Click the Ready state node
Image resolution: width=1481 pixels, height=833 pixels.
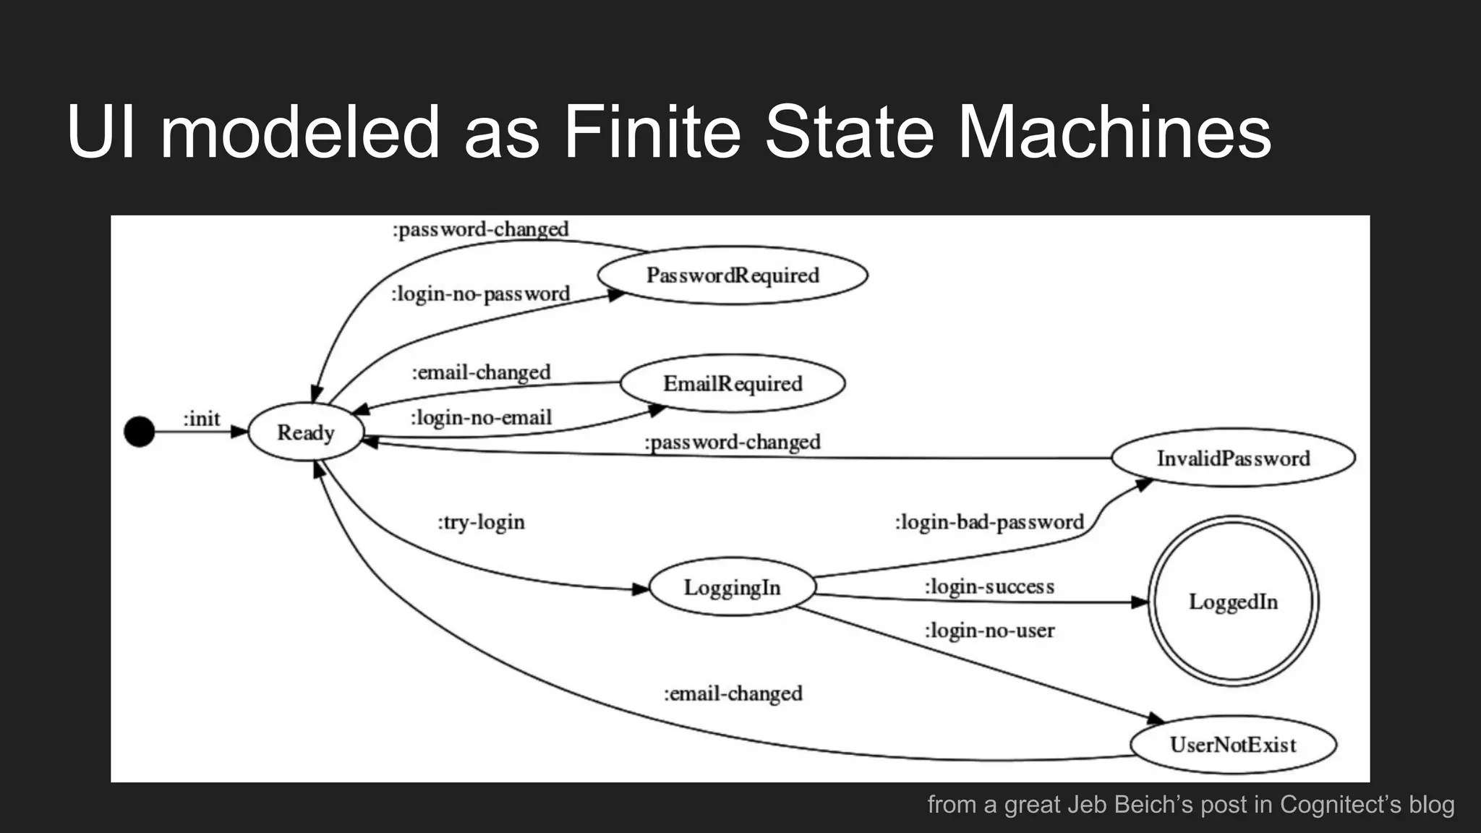[x=305, y=432]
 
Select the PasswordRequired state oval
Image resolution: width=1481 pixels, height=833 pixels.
[x=732, y=275]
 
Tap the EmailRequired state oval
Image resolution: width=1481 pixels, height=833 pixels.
[x=732, y=383]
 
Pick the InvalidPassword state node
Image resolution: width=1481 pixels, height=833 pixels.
[x=1233, y=458]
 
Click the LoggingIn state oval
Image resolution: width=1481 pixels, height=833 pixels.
[x=732, y=587]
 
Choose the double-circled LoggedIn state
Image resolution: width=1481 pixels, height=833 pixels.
[x=1233, y=602]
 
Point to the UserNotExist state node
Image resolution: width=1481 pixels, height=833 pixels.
[x=1233, y=745]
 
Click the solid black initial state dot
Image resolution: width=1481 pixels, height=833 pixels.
[x=140, y=432]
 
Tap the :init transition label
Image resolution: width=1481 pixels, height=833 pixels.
[x=202, y=419]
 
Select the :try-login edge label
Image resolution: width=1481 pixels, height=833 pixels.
[x=481, y=522]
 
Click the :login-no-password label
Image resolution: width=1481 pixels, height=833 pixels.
[x=481, y=294]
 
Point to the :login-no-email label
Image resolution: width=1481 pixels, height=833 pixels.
[x=481, y=418]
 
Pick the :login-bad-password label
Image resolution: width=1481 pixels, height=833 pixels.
[x=989, y=522]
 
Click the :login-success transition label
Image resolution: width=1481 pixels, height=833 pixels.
[x=989, y=586]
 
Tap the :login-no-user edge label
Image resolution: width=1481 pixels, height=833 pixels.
[x=989, y=631]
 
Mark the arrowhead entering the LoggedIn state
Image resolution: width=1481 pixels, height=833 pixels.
[x=1140, y=602]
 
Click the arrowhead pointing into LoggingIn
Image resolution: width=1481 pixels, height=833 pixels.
[x=641, y=589]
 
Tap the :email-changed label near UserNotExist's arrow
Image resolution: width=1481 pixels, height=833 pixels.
[x=733, y=693]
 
